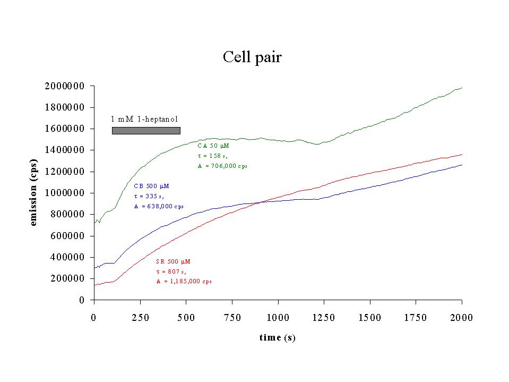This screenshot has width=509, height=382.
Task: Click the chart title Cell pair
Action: tap(252, 57)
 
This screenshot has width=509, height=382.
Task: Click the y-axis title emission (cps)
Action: tap(33, 192)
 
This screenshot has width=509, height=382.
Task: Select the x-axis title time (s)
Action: tap(277, 338)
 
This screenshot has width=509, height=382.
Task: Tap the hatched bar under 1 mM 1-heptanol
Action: tap(146, 130)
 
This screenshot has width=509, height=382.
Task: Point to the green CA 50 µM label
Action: tap(213, 145)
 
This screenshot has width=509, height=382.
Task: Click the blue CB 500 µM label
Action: tap(152, 186)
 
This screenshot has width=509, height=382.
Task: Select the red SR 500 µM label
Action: tap(173, 261)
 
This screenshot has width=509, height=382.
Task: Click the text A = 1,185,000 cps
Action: tap(184, 281)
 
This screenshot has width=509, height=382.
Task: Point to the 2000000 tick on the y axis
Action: tap(66, 86)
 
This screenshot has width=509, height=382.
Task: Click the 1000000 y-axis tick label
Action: tap(66, 193)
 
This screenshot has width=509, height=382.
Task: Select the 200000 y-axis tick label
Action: tap(68, 278)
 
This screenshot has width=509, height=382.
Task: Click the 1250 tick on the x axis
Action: tap(324, 318)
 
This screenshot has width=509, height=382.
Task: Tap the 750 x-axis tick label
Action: tap(232, 318)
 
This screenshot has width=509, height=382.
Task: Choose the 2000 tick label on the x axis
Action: tap(462, 318)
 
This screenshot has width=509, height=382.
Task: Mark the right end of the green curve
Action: tap(462, 88)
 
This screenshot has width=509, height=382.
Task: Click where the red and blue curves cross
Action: tap(260, 202)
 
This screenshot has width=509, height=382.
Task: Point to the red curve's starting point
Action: tap(94, 285)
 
